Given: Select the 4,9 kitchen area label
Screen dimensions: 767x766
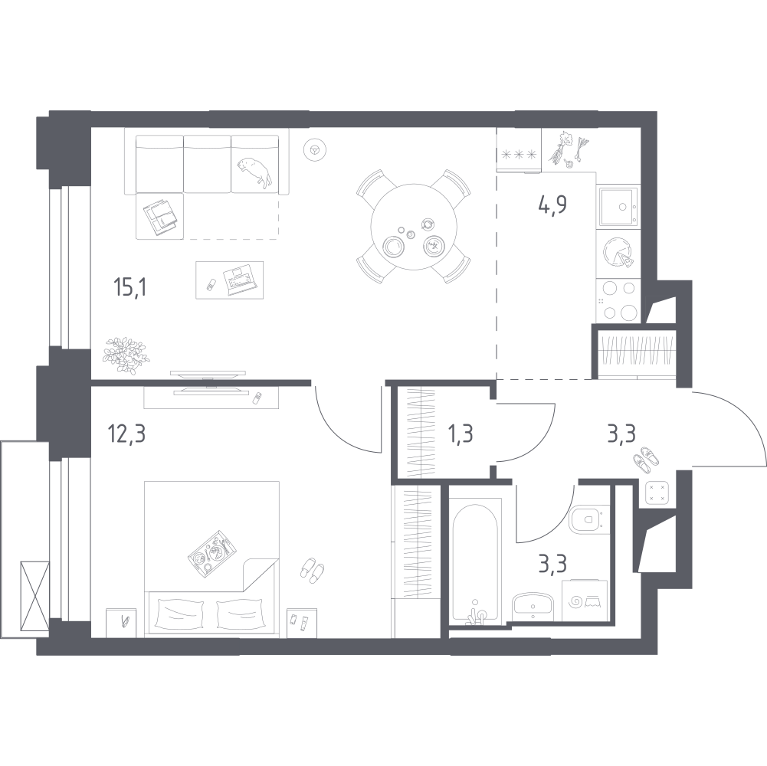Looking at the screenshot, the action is (552, 205).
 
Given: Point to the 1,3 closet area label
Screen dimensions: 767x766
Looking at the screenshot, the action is (461, 434).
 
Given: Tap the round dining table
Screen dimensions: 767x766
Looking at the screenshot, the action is (414, 226).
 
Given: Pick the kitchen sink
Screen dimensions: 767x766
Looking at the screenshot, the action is (618, 206).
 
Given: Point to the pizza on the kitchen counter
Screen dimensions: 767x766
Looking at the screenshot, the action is (618, 253).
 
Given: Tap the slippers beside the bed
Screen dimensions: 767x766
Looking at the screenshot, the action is (311, 570).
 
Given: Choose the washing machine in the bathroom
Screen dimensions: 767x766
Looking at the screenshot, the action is (585, 601).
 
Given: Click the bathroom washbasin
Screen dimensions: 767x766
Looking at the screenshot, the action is (533, 607).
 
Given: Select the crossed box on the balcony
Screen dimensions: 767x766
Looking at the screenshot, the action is (34, 596).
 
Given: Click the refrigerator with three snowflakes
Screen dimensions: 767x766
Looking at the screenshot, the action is (519, 150).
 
